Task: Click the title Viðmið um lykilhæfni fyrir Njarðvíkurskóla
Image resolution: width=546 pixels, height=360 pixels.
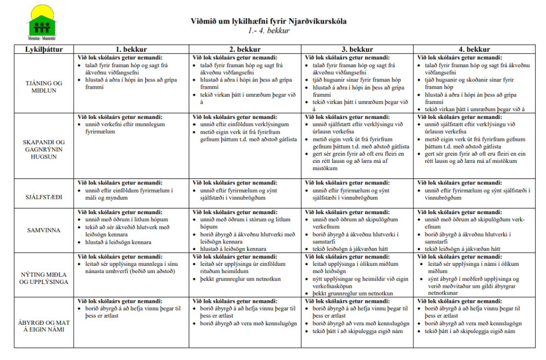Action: [269, 22]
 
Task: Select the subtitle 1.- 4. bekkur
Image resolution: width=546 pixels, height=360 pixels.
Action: [268, 31]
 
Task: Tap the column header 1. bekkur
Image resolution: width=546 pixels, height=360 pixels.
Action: [131, 50]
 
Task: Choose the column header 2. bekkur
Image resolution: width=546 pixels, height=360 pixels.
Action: [244, 50]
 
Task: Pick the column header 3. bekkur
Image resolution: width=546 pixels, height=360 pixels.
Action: [357, 50]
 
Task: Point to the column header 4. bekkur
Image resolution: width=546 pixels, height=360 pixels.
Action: [474, 50]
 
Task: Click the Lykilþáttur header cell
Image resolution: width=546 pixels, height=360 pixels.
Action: [44, 50]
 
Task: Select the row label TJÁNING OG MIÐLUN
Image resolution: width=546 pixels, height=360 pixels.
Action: [44, 86]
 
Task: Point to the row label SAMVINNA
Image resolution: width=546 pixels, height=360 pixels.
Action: [44, 230]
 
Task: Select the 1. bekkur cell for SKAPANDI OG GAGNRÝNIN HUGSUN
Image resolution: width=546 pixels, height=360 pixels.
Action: [131, 146]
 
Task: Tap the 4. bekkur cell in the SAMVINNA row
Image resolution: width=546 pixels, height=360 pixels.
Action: [474, 230]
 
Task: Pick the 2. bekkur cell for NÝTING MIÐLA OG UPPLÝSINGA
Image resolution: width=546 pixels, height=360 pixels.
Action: [244, 274]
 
